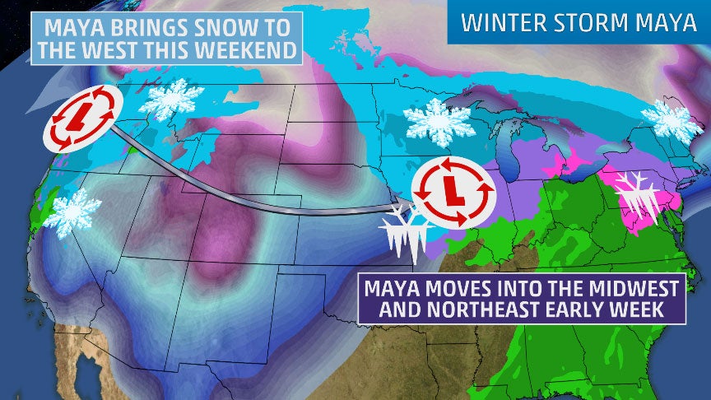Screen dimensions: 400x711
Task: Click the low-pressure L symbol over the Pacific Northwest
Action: [80, 118]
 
